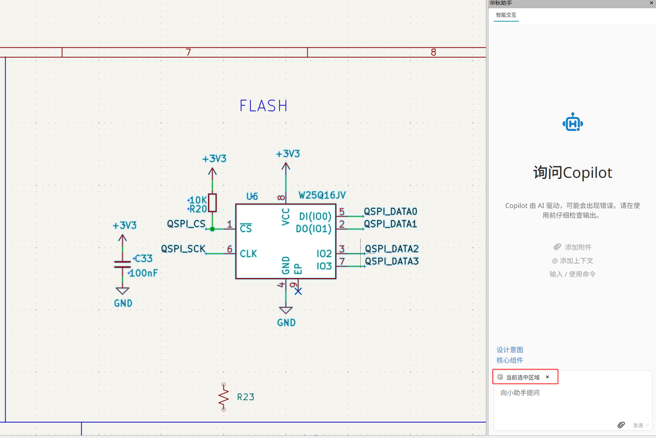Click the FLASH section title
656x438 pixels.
(263, 106)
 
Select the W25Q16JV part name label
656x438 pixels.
(322, 195)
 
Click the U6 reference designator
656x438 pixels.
(252, 196)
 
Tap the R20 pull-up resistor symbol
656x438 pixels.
(212, 203)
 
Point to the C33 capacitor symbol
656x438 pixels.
(122, 264)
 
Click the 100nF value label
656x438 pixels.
(143, 273)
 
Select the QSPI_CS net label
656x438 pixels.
(186, 224)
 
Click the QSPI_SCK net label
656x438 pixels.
(183, 249)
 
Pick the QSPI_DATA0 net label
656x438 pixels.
(391, 211)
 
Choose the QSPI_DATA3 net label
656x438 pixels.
(392, 262)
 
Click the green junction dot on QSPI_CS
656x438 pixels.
(212, 228)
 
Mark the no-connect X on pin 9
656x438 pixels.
(298, 291)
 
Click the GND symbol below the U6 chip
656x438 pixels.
(285, 310)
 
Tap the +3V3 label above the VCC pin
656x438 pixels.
(288, 154)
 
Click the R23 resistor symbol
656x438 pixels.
(223, 397)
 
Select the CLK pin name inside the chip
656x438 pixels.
(249, 254)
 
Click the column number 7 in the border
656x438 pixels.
(188, 52)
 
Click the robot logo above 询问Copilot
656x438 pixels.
(572, 123)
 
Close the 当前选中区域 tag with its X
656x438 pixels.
(547, 377)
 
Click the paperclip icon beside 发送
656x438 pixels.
(621, 425)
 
